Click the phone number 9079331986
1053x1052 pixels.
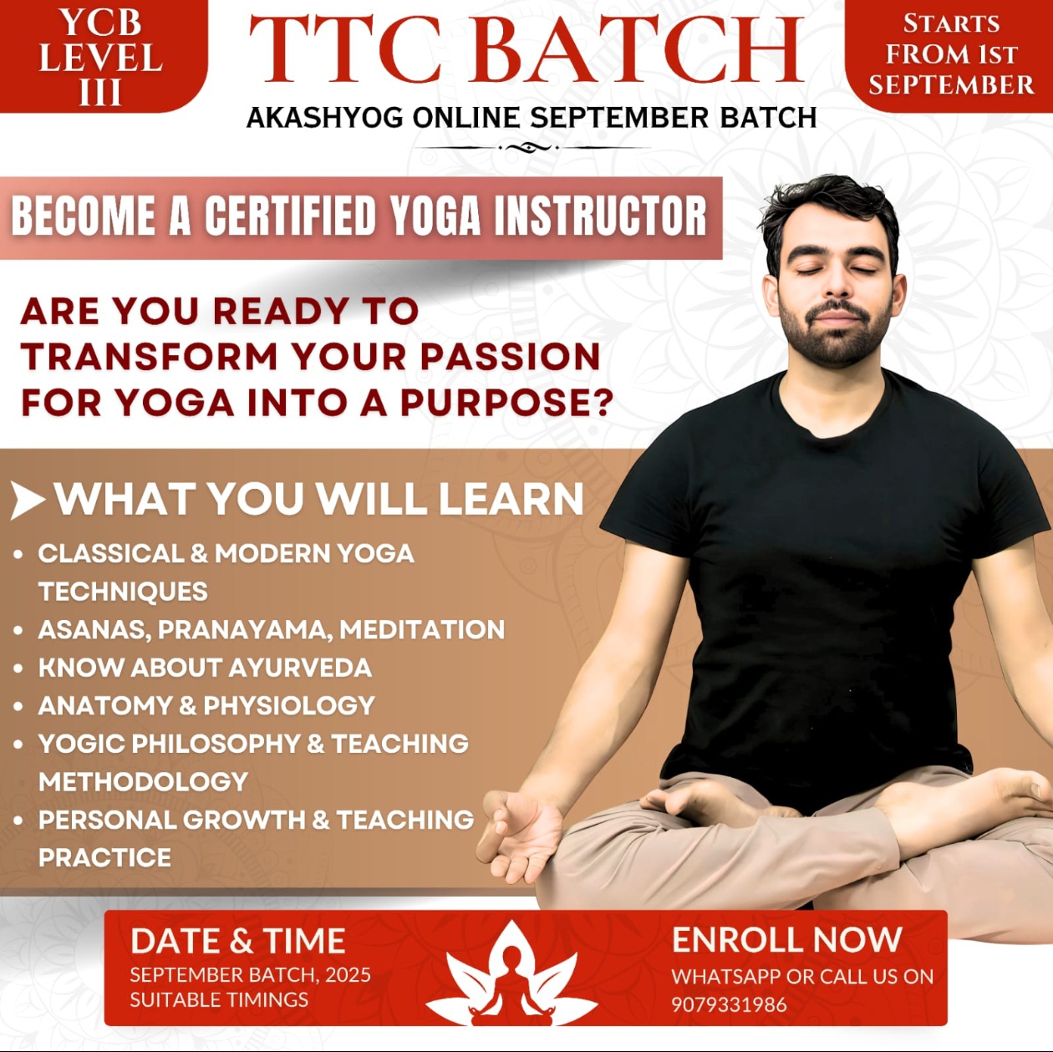pos(729,1004)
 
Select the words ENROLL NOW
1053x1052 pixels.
pos(787,939)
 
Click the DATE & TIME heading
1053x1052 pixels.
pos(237,941)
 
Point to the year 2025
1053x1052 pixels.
pos(348,974)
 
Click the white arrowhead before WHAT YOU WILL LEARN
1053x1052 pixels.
pos(28,500)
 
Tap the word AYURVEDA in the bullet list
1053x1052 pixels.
pos(300,668)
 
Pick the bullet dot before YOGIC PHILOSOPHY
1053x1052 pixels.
pos(18,745)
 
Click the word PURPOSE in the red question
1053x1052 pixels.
pos(506,403)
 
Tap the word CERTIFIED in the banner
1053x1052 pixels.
pos(290,216)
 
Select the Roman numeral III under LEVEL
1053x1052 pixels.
pos(100,92)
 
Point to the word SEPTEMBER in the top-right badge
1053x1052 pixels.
pos(951,84)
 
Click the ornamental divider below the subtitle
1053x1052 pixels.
pos(532,148)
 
